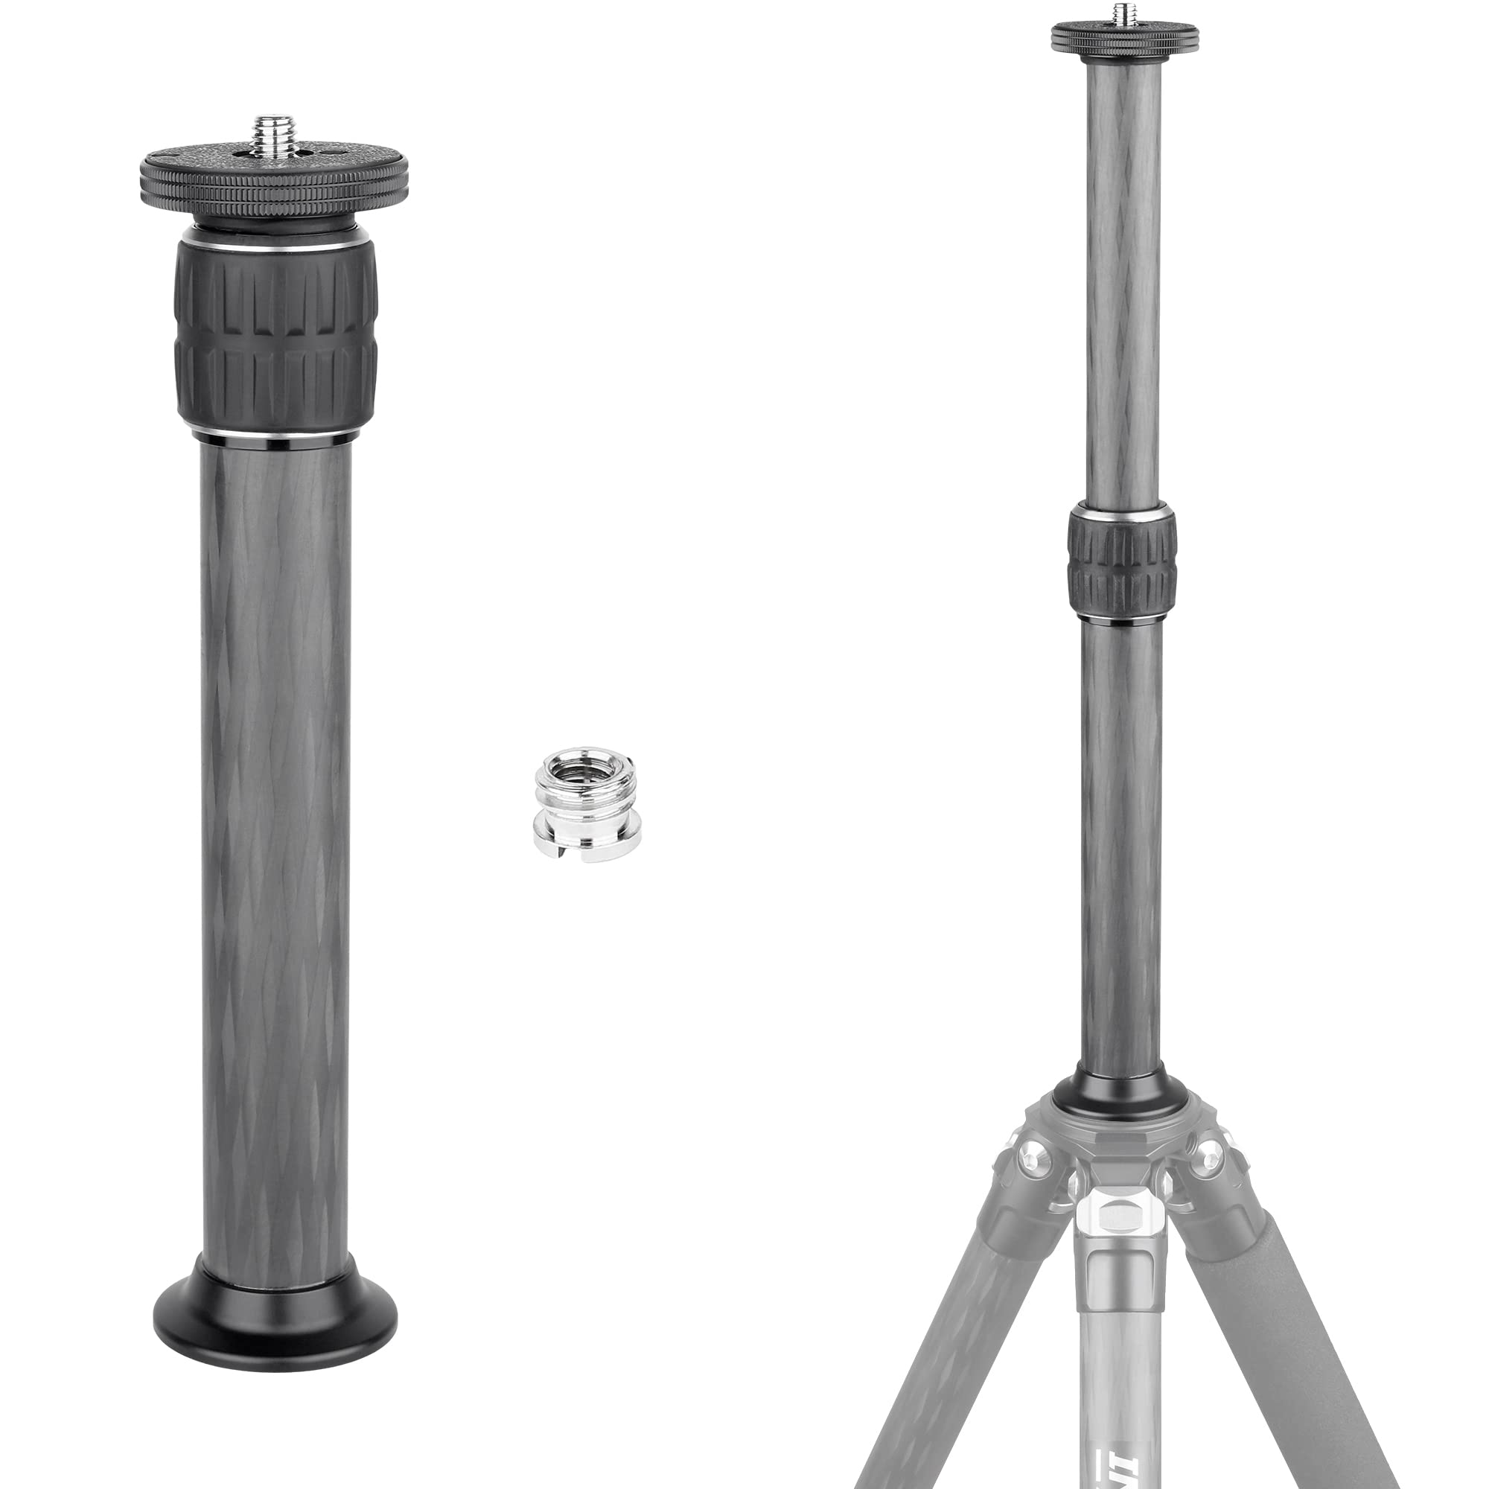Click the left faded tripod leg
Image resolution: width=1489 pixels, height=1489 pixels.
tap(948, 1349)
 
